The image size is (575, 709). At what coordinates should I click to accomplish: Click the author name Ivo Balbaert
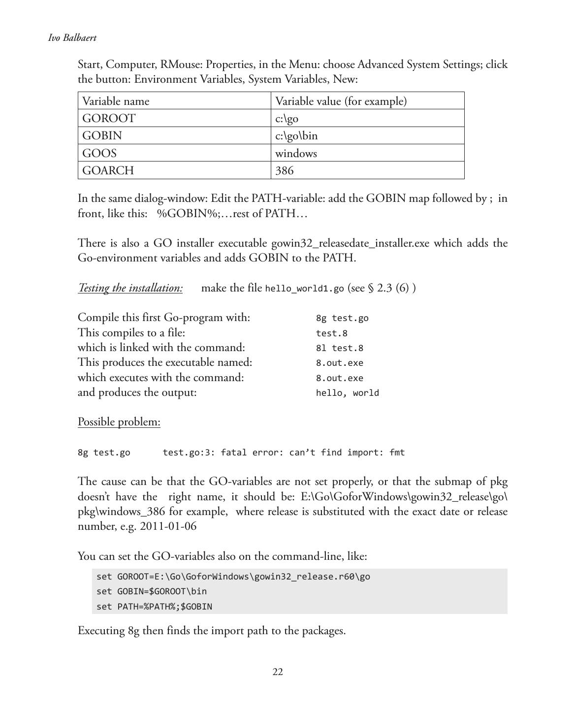pyautogui.click(x=72, y=38)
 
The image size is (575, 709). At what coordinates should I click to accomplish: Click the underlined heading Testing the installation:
pyautogui.click(x=130, y=288)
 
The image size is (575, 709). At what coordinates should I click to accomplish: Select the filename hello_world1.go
pyautogui.click(x=304, y=289)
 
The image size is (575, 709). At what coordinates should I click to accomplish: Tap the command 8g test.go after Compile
pyautogui.click(x=342, y=318)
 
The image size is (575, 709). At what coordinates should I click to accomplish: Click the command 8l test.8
pyautogui.click(x=340, y=348)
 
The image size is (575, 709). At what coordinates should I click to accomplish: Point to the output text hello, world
pyautogui.click(x=348, y=393)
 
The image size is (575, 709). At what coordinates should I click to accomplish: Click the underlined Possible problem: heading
pyautogui.click(x=119, y=422)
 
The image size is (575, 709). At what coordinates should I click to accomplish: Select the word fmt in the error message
pyautogui.click(x=397, y=452)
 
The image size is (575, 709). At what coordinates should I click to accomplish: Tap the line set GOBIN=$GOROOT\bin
pyautogui.click(x=152, y=591)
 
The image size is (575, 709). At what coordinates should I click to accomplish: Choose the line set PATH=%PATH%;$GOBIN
pyautogui.click(x=154, y=607)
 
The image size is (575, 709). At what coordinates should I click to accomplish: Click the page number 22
pyautogui.click(x=278, y=672)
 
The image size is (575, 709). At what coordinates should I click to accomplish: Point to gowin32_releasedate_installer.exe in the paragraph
pyautogui.click(x=351, y=243)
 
